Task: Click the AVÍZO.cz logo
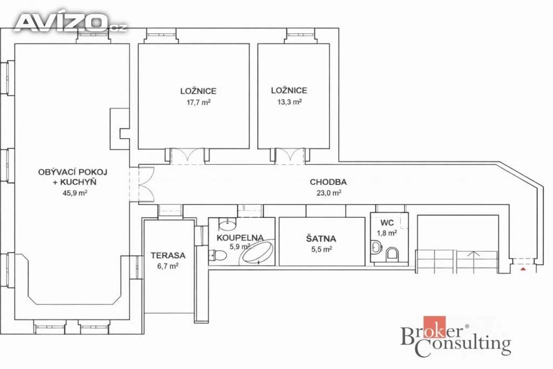tap(70, 23)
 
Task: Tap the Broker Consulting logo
tap(456, 336)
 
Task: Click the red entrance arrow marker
tap(523, 269)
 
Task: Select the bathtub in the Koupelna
tap(257, 252)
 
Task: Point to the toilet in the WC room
tap(392, 253)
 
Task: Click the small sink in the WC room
tap(376, 247)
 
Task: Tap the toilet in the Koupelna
tap(218, 255)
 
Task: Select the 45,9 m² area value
tap(75, 193)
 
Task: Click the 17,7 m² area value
tap(199, 103)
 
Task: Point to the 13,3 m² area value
tap(289, 102)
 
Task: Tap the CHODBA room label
tap(328, 182)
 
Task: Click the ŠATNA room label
tap(321, 238)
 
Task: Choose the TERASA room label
tap(168, 256)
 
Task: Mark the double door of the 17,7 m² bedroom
tap(187, 156)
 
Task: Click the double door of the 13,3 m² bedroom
tap(289, 156)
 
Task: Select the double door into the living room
tap(146, 184)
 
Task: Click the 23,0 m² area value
tap(328, 193)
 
